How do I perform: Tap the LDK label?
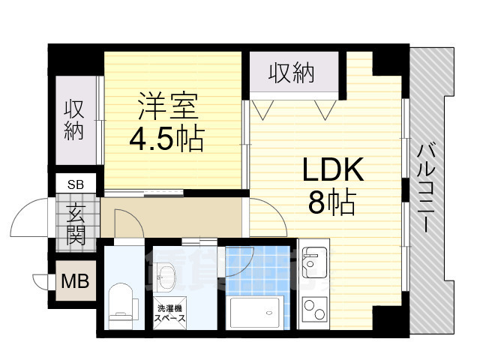332,171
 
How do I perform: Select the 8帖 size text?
332,202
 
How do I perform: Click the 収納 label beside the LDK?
292,73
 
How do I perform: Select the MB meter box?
75,283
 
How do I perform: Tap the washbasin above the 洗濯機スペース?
169,278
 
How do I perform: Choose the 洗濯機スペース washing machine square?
170,313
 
